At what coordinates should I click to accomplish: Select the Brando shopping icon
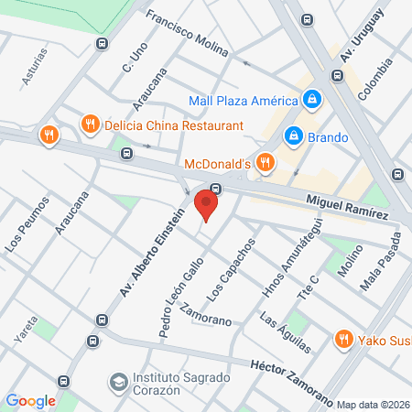[x=293, y=136]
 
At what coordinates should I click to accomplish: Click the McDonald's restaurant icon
[x=265, y=163]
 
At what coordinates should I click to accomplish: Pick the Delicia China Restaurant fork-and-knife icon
[x=90, y=125]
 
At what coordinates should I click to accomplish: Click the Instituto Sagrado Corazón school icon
[x=118, y=380]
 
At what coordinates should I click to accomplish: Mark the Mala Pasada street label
[x=381, y=262]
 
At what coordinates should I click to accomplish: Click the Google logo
[x=30, y=400]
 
